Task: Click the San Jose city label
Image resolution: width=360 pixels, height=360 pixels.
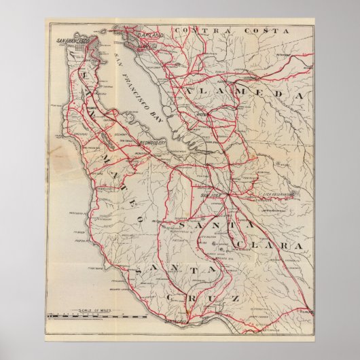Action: tap(209, 196)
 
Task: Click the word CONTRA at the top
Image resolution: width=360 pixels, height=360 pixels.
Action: tap(197, 31)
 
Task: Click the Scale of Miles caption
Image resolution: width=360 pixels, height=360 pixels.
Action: tap(94, 311)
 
